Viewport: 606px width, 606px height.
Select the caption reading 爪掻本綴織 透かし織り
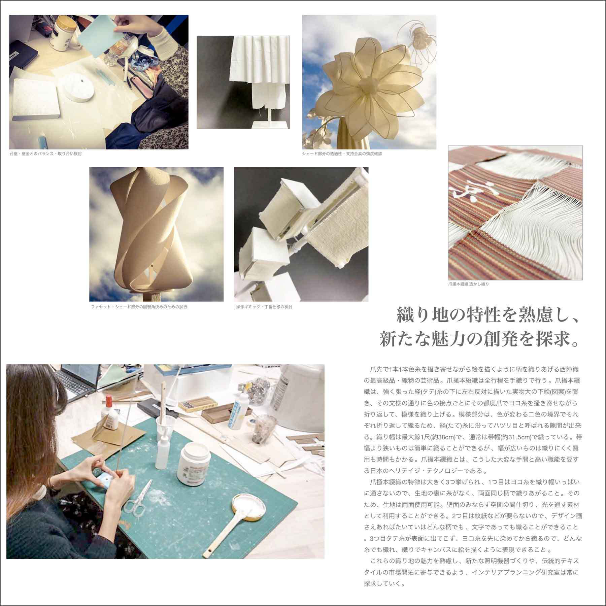click(469, 284)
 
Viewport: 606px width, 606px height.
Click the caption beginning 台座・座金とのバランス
click(46, 154)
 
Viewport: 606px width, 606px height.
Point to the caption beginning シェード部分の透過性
click(342, 154)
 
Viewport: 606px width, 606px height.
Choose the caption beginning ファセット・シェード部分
click(139, 307)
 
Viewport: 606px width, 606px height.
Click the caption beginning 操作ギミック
click(264, 307)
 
